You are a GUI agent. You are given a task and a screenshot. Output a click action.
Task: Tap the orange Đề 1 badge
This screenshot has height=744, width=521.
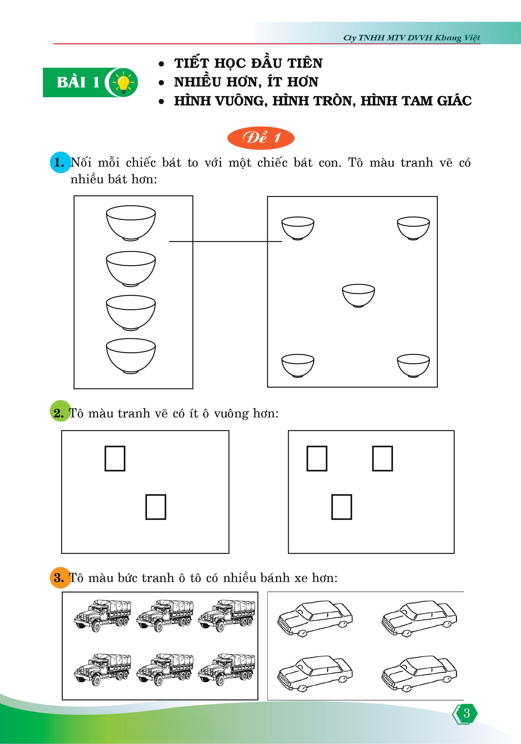pyautogui.click(x=261, y=138)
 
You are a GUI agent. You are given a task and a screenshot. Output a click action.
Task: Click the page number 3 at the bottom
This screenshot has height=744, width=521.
pyautogui.click(x=466, y=713)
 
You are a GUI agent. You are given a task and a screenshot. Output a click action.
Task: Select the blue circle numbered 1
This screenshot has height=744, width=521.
pyautogui.click(x=60, y=162)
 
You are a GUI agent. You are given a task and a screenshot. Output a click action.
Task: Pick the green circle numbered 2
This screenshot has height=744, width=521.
pyautogui.click(x=60, y=411)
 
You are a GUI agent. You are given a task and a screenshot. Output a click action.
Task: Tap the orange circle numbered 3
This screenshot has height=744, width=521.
pyautogui.click(x=60, y=578)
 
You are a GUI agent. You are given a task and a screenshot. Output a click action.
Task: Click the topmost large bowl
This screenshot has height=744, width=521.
pyautogui.click(x=131, y=223)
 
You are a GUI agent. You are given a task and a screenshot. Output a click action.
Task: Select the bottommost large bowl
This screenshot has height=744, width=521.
pyautogui.click(x=131, y=356)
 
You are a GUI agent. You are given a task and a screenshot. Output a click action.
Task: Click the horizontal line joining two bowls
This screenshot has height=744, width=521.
pyautogui.click(x=226, y=241)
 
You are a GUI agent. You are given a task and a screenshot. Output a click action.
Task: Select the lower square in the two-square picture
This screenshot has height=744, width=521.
pyautogui.click(x=156, y=507)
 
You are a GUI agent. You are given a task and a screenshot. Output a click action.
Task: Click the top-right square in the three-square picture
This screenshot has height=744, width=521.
pyautogui.click(x=383, y=458)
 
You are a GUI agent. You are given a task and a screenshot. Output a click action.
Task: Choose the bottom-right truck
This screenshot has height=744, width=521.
pyautogui.click(x=226, y=669)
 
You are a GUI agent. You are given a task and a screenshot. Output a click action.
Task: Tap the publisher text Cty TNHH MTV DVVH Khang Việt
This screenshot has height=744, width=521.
pyautogui.click(x=412, y=38)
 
